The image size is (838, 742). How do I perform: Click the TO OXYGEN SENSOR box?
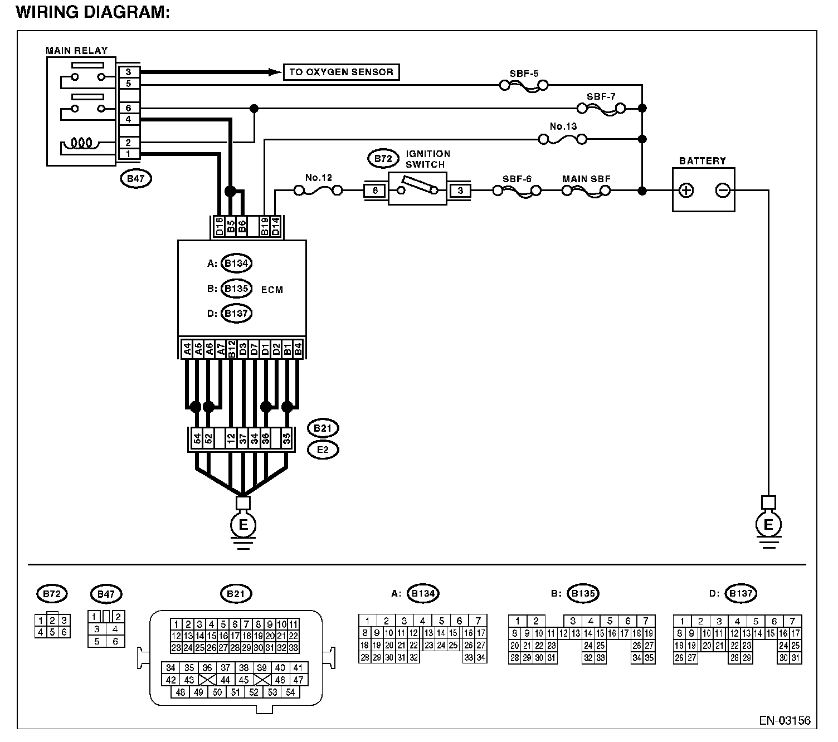pyautogui.click(x=341, y=72)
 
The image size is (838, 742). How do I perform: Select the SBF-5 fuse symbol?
pyautogui.click(x=524, y=86)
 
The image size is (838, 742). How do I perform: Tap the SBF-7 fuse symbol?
pyautogui.click(x=601, y=109)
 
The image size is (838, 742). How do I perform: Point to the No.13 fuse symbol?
pyautogui.click(x=563, y=140)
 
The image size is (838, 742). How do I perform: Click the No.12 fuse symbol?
pyautogui.click(x=318, y=191)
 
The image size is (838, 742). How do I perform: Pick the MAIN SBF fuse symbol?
pyautogui.click(x=586, y=191)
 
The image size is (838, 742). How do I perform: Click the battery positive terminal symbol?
pyautogui.click(x=686, y=191)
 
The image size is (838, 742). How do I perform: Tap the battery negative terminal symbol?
pyautogui.click(x=723, y=191)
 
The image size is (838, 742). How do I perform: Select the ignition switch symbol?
pyautogui.click(x=417, y=189)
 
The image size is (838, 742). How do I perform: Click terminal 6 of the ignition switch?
pyautogui.click(x=375, y=191)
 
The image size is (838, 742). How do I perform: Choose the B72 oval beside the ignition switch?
pyautogui.click(x=383, y=159)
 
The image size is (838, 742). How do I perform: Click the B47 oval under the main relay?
pyautogui.click(x=135, y=179)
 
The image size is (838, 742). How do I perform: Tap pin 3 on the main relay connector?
pyautogui.click(x=128, y=72)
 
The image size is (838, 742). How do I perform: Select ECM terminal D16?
pyautogui.click(x=219, y=227)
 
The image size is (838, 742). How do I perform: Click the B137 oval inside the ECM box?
pyautogui.click(x=237, y=314)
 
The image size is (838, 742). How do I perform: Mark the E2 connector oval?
pyautogui.click(x=323, y=450)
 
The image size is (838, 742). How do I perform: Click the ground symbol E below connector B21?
pyautogui.click(x=243, y=525)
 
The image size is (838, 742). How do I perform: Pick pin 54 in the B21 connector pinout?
pyautogui.click(x=290, y=692)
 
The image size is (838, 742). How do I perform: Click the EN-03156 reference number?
pyautogui.click(x=785, y=721)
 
